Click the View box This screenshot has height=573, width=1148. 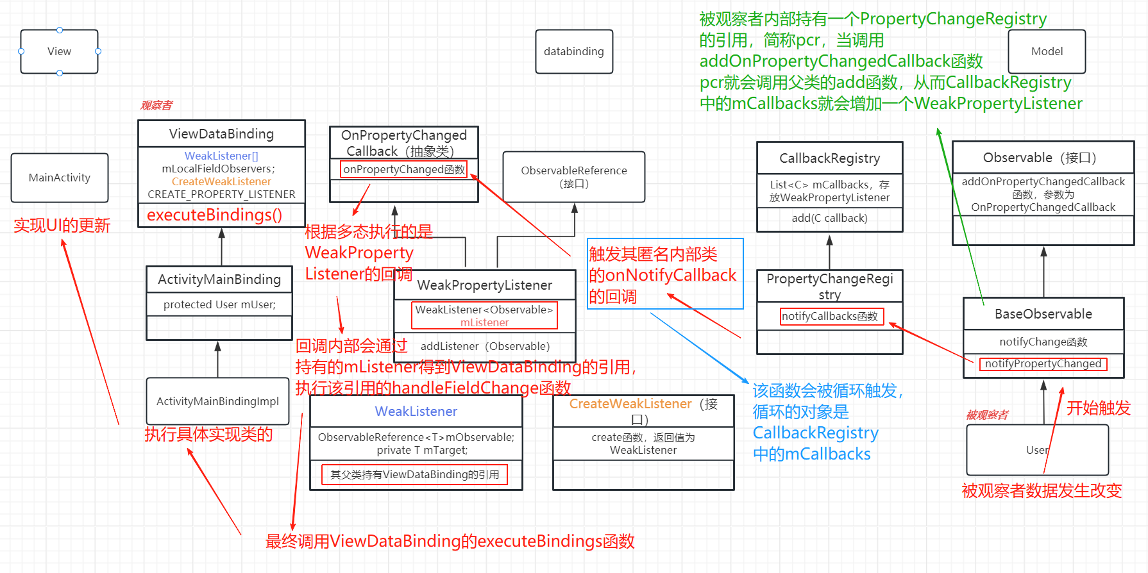pyautogui.click(x=59, y=51)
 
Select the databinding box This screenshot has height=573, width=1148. pyautogui.click(x=573, y=51)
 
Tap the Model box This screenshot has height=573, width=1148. pyautogui.click(x=1047, y=51)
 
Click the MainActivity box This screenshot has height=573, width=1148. pyautogui.click(x=60, y=178)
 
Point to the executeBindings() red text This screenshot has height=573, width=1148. pyautogui.click(x=214, y=215)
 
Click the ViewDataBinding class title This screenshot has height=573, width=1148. pyautogui.click(x=221, y=134)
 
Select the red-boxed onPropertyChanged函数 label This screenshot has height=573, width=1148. pyautogui.click(x=404, y=169)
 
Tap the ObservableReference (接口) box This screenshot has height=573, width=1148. pyautogui.click(x=573, y=177)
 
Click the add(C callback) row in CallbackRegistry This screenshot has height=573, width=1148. pyautogui.click(x=829, y=219)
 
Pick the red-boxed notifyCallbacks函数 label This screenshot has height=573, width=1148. pyautogui.click(x=831, y=316)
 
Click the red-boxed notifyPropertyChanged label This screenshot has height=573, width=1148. pyautogui.click(x=1043, y=364)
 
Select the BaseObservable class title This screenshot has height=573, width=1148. pyautogui.click(x=1043, y=314)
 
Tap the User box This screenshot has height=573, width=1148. pyautogui.click(x=1036, y=450)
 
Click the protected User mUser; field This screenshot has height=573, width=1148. pyautogui.click(x=219, y=304)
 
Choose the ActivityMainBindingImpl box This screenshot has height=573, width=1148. pyautogui.click(x=217, y=401)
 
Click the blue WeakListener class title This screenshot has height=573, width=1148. pyautogui.click(x=416, y=411)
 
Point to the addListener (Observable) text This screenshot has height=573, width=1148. pyautogui.click(x=485, y=346)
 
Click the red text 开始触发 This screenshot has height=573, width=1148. pyautogui.click(x=1098, y=408)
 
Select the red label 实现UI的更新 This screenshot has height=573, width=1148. pyautogui.click(x=62, y=226)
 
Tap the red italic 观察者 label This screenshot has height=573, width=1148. pyautogui.click(x=156, y=105)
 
